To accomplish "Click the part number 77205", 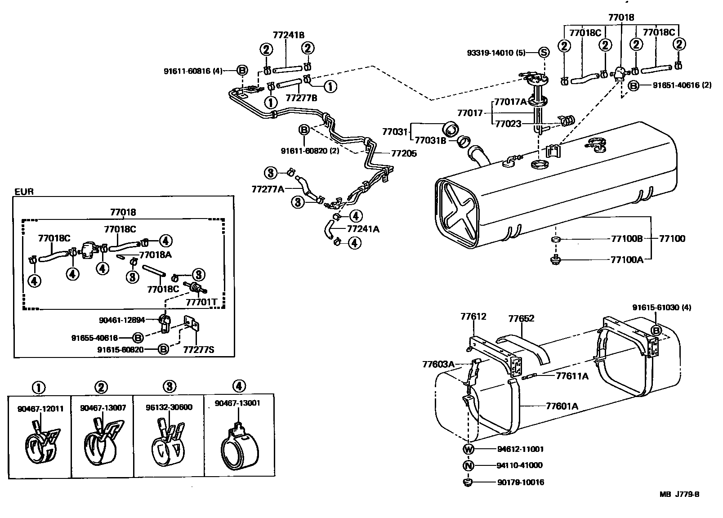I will [x=404, y=153].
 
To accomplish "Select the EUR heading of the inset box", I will [x=24, y=192].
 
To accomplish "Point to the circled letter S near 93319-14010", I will [x=544, y=52].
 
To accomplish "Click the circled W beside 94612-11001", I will [x=468, y=449].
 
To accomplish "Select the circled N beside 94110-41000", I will [x=468, y=465].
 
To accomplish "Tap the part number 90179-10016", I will [x=521, y=482].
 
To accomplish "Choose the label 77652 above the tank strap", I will [x=521, y=318].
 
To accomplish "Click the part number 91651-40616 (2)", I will [x=682, y=85].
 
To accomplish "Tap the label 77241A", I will [x=363, y=229].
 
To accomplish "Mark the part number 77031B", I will [x=430, y=141].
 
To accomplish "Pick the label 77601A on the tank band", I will [x=562, y=406].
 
